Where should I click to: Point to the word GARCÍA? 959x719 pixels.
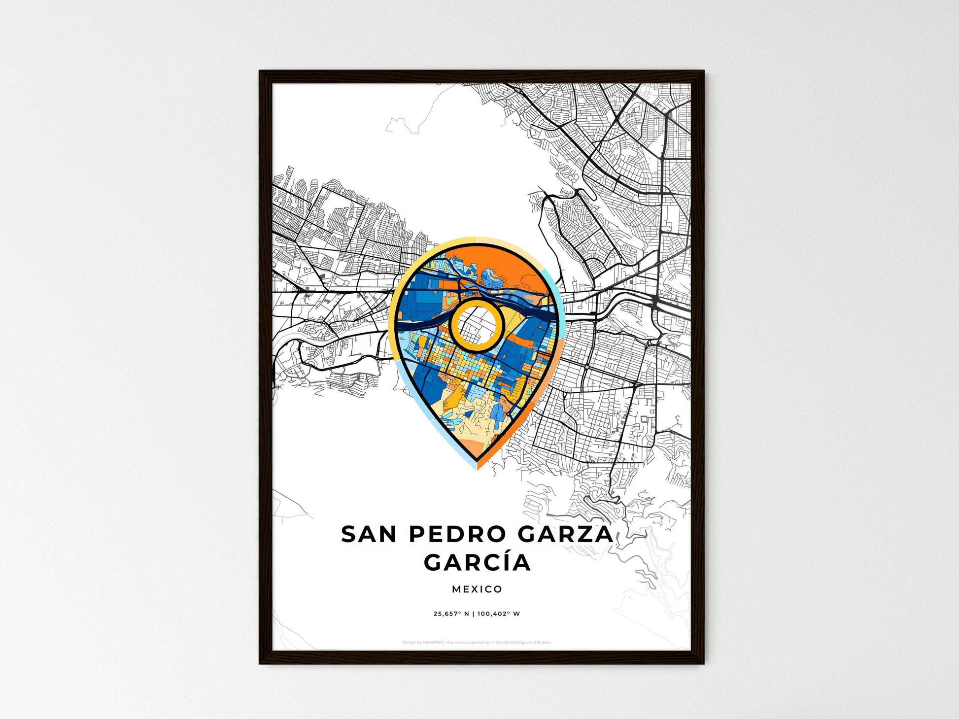coord(477,563)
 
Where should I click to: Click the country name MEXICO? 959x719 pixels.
coord(477,589)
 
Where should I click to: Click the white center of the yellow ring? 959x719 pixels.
coord(476,325)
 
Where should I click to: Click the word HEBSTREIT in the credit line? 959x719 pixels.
coord(433,643)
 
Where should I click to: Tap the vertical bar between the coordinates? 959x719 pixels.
coord(474,614)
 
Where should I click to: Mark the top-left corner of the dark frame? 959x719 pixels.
coord(260,71)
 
